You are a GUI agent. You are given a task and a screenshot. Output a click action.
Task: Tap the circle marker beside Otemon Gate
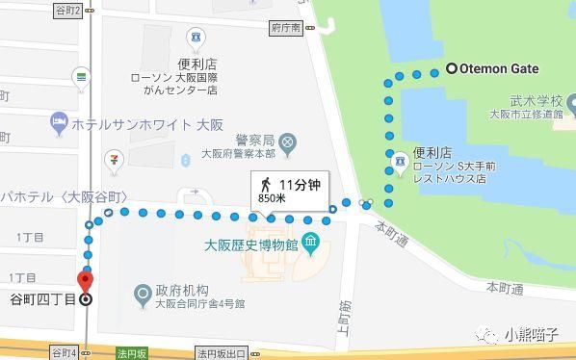click(x=451, y=68)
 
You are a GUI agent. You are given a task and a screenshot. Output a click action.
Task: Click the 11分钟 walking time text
click(x=299, y=183)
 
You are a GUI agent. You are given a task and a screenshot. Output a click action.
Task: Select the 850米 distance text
click(x=274, y=198)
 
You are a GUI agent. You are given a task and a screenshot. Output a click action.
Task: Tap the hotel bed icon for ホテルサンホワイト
click(x=57, y=122)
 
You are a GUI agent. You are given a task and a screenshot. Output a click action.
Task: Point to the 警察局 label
click(x=256, y=139)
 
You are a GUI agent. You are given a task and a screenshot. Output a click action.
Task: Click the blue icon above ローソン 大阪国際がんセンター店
click(x=197, y=39)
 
